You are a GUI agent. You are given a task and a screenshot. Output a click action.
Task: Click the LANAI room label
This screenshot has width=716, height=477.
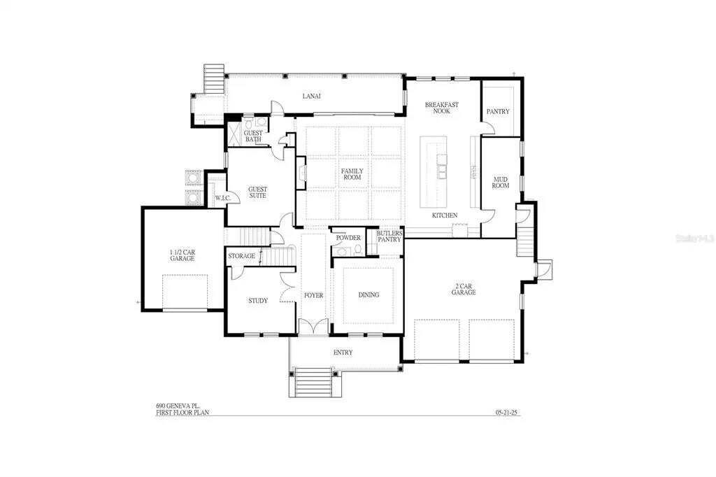311,96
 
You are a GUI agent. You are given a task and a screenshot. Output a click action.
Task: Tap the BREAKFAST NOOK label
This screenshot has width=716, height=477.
442,108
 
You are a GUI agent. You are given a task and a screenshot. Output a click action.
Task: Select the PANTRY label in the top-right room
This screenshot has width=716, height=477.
498,111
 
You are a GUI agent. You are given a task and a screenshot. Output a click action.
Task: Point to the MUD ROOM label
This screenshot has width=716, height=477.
500,183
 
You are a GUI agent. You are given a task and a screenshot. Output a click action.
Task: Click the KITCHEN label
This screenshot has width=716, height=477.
445,215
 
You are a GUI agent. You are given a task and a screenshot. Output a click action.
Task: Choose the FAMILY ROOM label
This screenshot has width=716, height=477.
351,175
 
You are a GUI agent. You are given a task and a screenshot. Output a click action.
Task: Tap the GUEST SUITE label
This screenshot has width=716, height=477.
257,192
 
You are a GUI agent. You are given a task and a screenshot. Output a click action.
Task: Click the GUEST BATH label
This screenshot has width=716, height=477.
252,136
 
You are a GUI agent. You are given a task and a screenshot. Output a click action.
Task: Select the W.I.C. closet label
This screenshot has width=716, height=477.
223,198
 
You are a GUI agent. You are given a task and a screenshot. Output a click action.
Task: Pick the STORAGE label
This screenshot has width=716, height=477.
241,256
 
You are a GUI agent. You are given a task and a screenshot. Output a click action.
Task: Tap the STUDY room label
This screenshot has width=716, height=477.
258,301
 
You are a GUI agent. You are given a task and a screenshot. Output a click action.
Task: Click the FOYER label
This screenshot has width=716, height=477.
313,295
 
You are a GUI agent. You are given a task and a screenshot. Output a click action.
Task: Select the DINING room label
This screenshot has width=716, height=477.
368,294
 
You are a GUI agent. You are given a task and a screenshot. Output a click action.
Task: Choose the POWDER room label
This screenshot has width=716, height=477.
348,238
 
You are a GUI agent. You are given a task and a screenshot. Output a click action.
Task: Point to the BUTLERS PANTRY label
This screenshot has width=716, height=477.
389,236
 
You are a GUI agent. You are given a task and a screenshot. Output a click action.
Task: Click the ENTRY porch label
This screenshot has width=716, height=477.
343,352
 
